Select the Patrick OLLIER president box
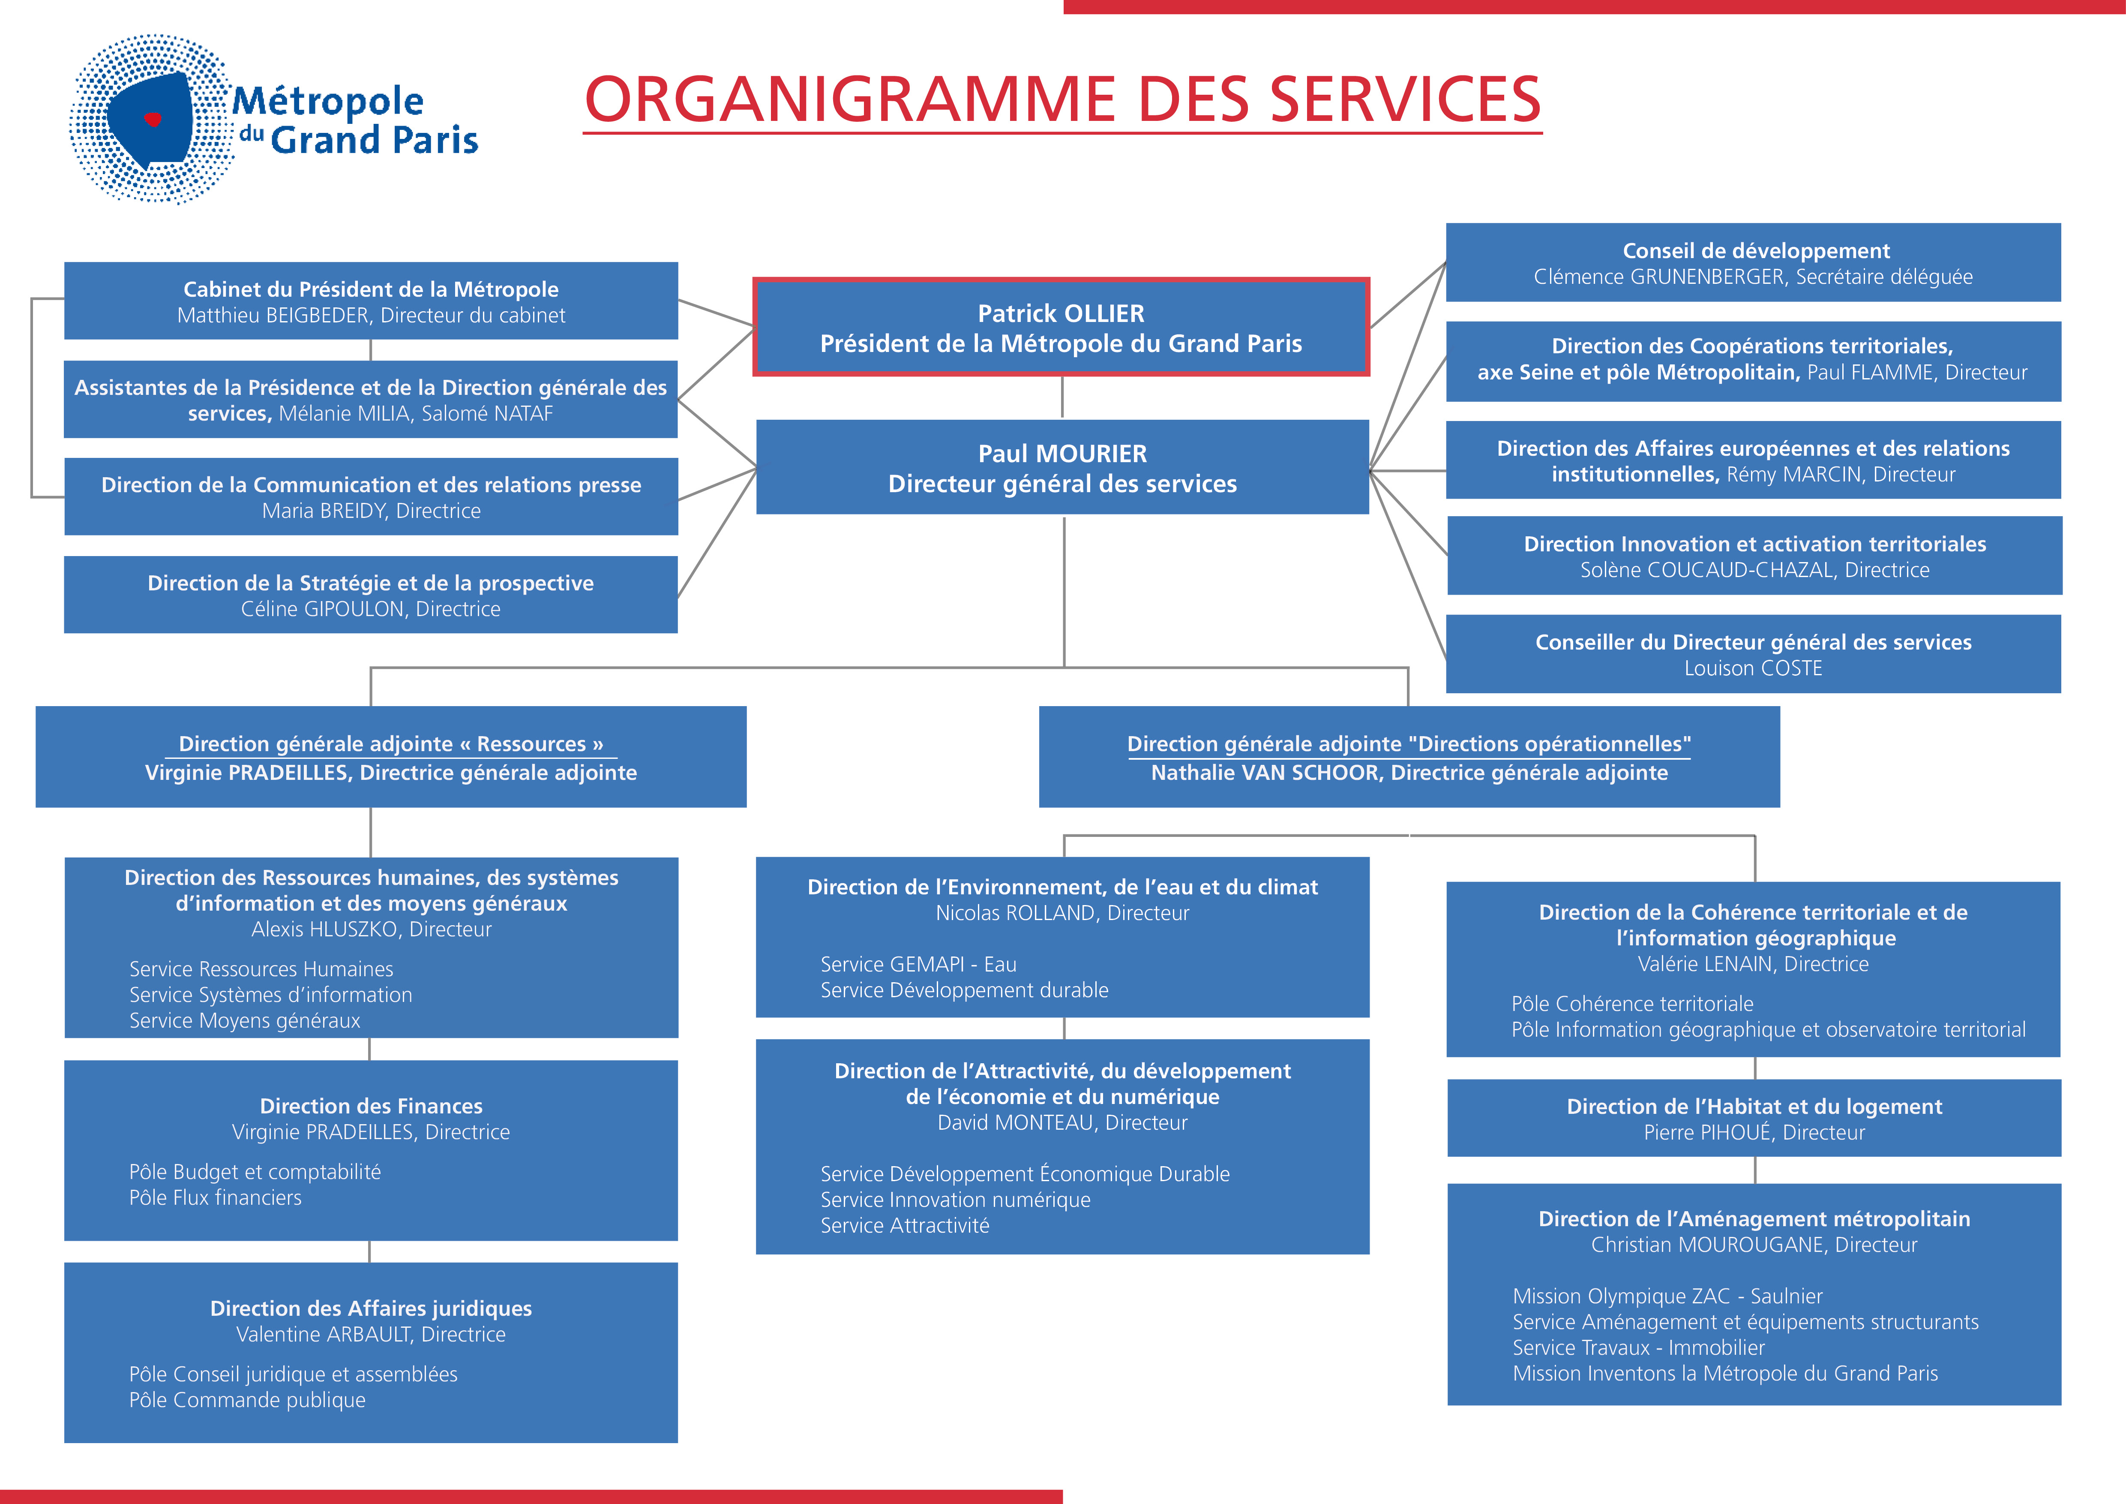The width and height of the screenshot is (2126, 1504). (1061, 327)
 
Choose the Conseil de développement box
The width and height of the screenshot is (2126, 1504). (1753, 262)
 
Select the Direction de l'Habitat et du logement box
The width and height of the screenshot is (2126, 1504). (1754, 1118)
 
